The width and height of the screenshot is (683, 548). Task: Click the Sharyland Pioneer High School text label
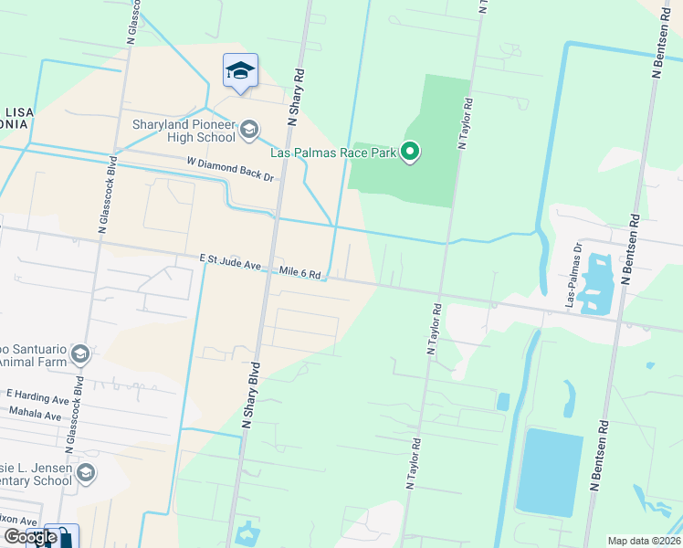tap(183, 131)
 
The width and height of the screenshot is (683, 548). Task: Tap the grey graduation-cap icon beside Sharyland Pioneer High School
tap(248, 131)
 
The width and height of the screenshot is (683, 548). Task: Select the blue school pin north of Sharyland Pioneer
tap(240, 71)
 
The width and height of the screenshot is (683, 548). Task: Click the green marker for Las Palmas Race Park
tap(411, 152)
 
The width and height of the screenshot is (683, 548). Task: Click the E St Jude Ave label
tap(231, 263)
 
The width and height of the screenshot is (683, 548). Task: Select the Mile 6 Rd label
tap(299, 273)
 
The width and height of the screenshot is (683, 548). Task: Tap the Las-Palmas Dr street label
tap(573, 274)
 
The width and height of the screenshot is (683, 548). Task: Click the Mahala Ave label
tap(34, 415)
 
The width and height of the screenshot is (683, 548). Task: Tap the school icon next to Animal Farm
tap(80, 353)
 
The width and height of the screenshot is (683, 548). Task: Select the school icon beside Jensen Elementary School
tap(86, 472)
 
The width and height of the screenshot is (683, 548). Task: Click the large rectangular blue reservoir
tap(549, 471)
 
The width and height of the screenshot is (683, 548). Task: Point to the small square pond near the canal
tap(502, 401)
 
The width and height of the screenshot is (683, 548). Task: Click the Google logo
tap(29, 536)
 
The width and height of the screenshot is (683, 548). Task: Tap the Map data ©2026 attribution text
tap(644, 541)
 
